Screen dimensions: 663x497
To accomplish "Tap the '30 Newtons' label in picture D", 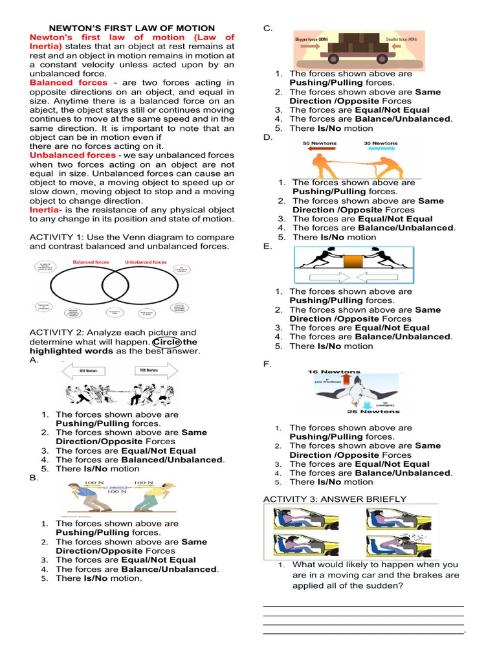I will pos(381,143).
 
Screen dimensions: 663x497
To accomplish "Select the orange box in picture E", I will pos(353,264).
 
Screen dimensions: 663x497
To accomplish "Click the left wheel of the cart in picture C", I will pos(334,60).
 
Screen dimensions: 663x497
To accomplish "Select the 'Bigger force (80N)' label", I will pos(312,39).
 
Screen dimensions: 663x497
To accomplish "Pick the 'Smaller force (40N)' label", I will pos(401,39).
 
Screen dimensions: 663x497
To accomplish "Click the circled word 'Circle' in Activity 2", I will pos(166,342).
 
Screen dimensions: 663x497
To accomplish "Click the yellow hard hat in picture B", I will pos(171,485).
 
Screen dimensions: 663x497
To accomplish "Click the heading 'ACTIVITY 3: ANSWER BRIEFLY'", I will pos(335,499).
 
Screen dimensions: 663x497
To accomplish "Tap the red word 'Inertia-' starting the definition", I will pos(47,210).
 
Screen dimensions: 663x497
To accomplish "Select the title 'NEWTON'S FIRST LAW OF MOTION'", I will pos(133,28).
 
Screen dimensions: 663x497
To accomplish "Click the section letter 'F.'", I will pos(268,365).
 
